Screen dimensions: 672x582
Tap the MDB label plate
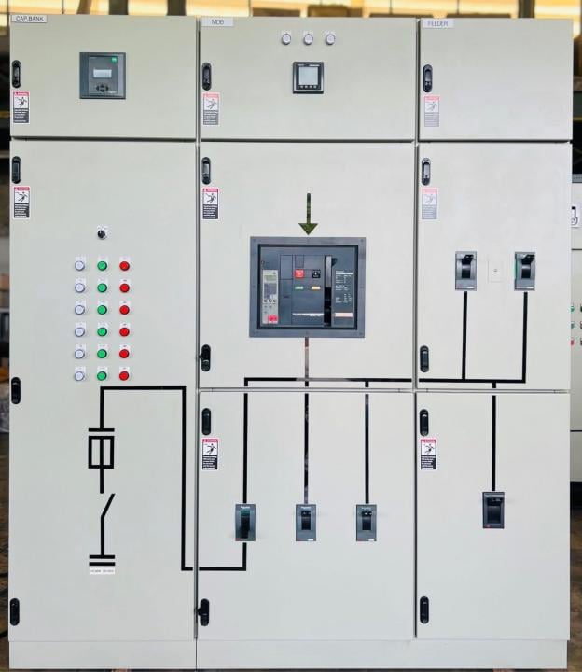click(217, 21)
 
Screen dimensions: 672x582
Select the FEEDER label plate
click(436, 22)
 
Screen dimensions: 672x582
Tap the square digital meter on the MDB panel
click(308, 77)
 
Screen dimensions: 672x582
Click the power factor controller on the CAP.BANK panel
click(102, 76)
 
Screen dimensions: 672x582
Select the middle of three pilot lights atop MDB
click(308, 38)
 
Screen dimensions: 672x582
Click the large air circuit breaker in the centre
click(307, 287)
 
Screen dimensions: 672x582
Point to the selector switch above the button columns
click(102, 232)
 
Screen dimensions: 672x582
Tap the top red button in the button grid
click(124, 265)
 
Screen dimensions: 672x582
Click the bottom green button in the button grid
click(102, 374)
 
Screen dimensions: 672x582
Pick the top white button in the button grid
click(79, 265)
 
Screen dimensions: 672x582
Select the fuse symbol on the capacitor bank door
click(101, 448)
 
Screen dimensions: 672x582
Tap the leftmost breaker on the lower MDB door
click(244, 522)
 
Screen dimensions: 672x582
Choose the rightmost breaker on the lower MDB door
click(366, 522)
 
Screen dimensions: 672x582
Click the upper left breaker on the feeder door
click(465, 270)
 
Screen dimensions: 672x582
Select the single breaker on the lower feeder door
click(493, 510)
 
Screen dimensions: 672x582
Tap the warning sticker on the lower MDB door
click(211, 454)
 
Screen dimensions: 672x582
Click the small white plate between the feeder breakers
click(495, 273)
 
